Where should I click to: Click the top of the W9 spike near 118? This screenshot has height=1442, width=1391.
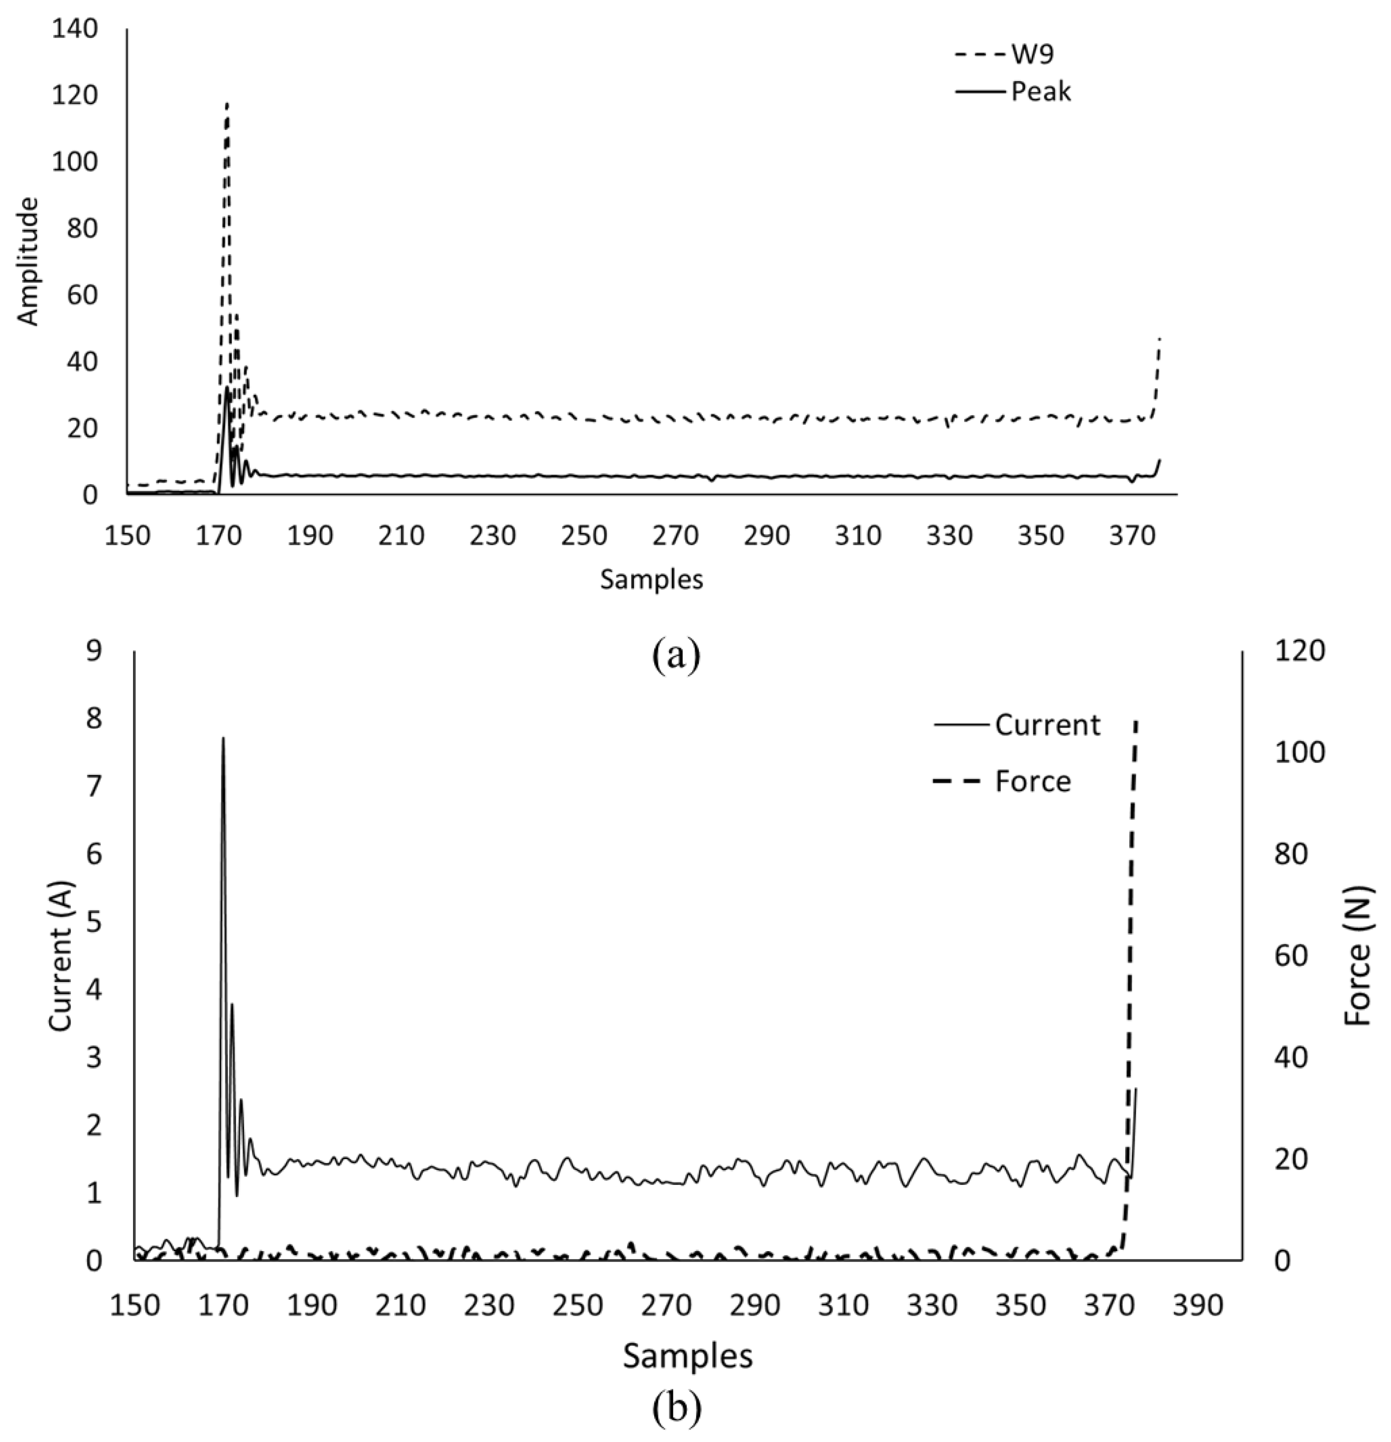(227, 104)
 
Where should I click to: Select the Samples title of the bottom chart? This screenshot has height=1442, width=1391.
(688, 1355)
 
